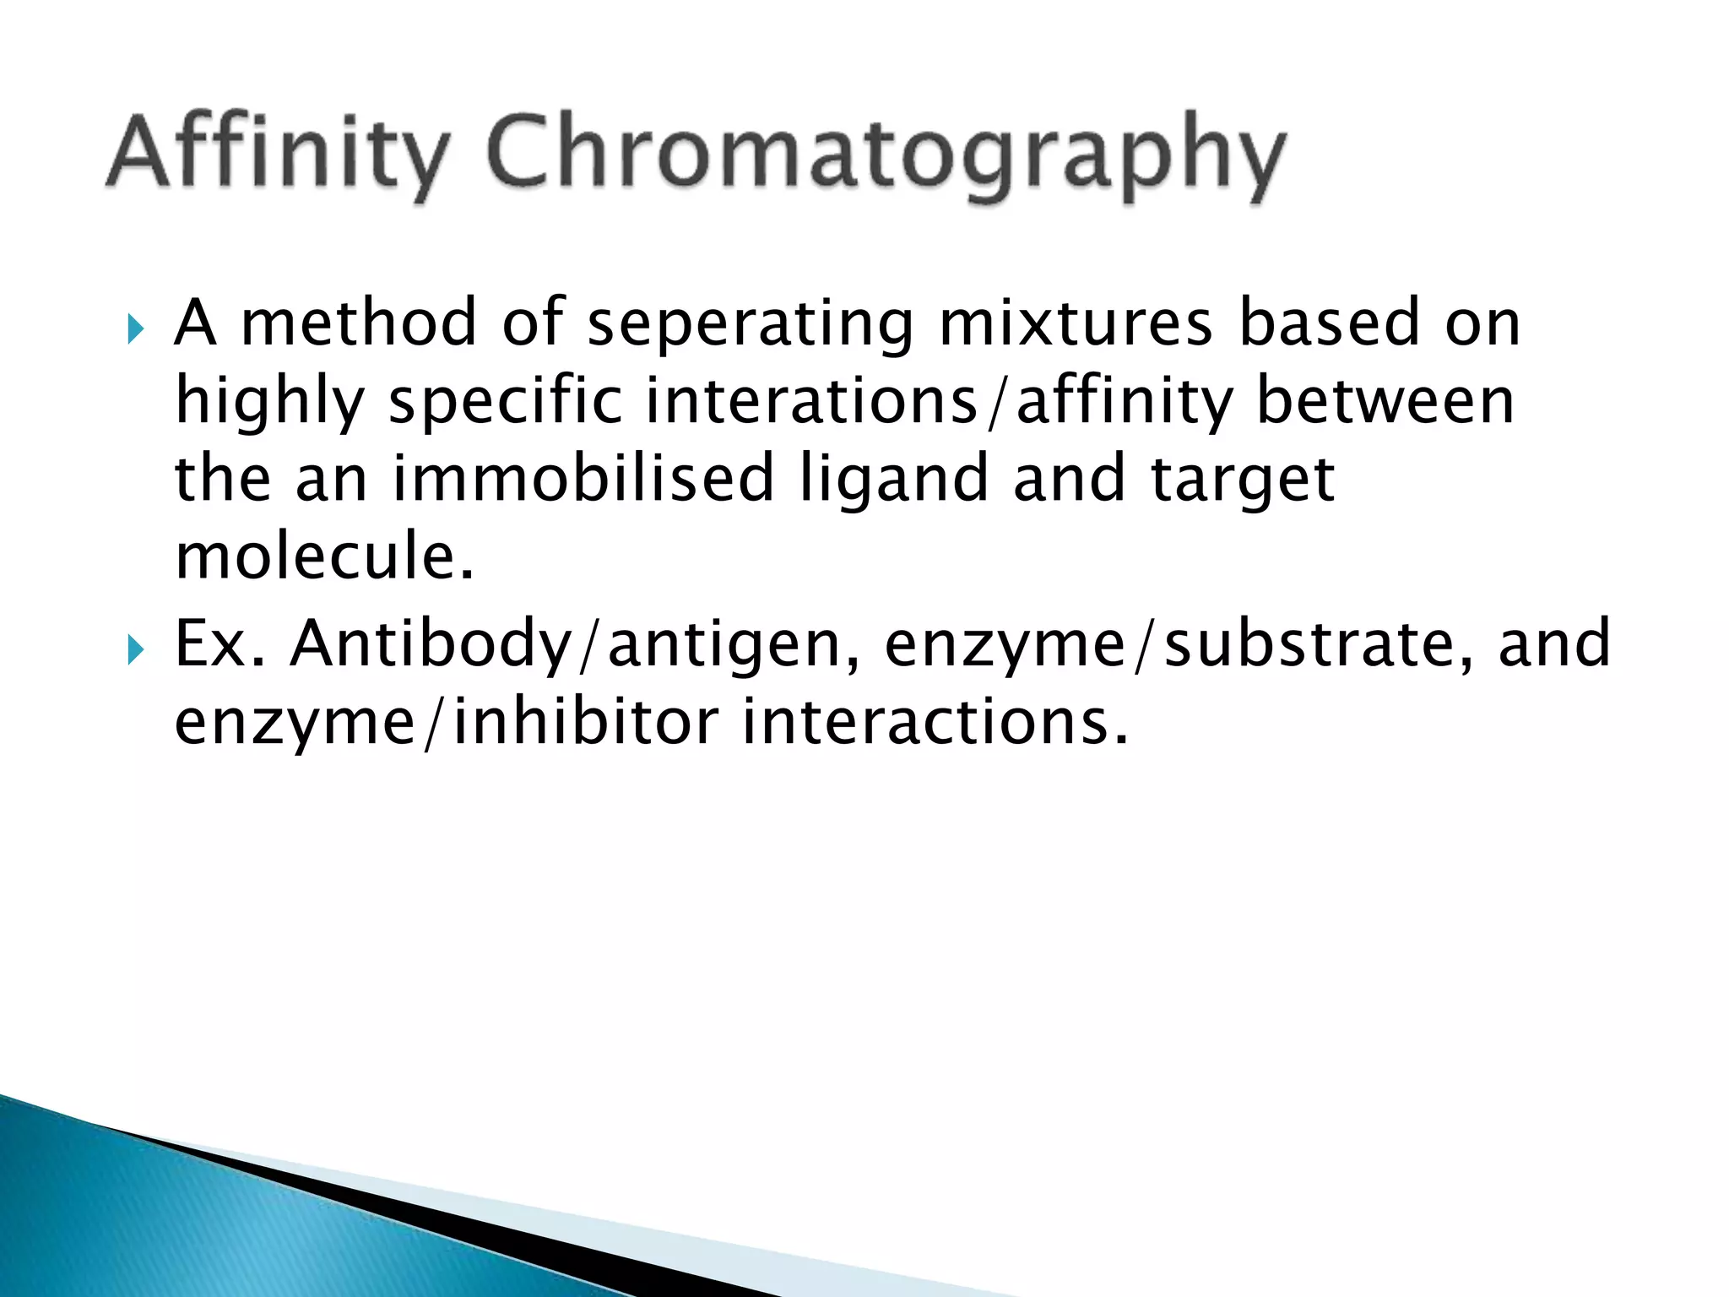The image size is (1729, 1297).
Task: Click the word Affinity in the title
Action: click(274, 155)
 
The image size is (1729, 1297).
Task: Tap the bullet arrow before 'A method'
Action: click(135, 326)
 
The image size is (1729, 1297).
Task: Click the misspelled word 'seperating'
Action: click(750, 324)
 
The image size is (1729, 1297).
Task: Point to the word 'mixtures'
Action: click(1076, 324)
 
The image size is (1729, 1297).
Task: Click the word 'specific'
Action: click(505, 402)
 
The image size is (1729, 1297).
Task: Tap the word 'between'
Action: click(1385, 402)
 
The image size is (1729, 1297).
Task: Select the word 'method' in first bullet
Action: click(359, 324)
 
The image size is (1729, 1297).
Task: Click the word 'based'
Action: click(1330, 324)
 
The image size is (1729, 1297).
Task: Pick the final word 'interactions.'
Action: click(935, 723)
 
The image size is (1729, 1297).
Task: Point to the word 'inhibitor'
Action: click(587, 723)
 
